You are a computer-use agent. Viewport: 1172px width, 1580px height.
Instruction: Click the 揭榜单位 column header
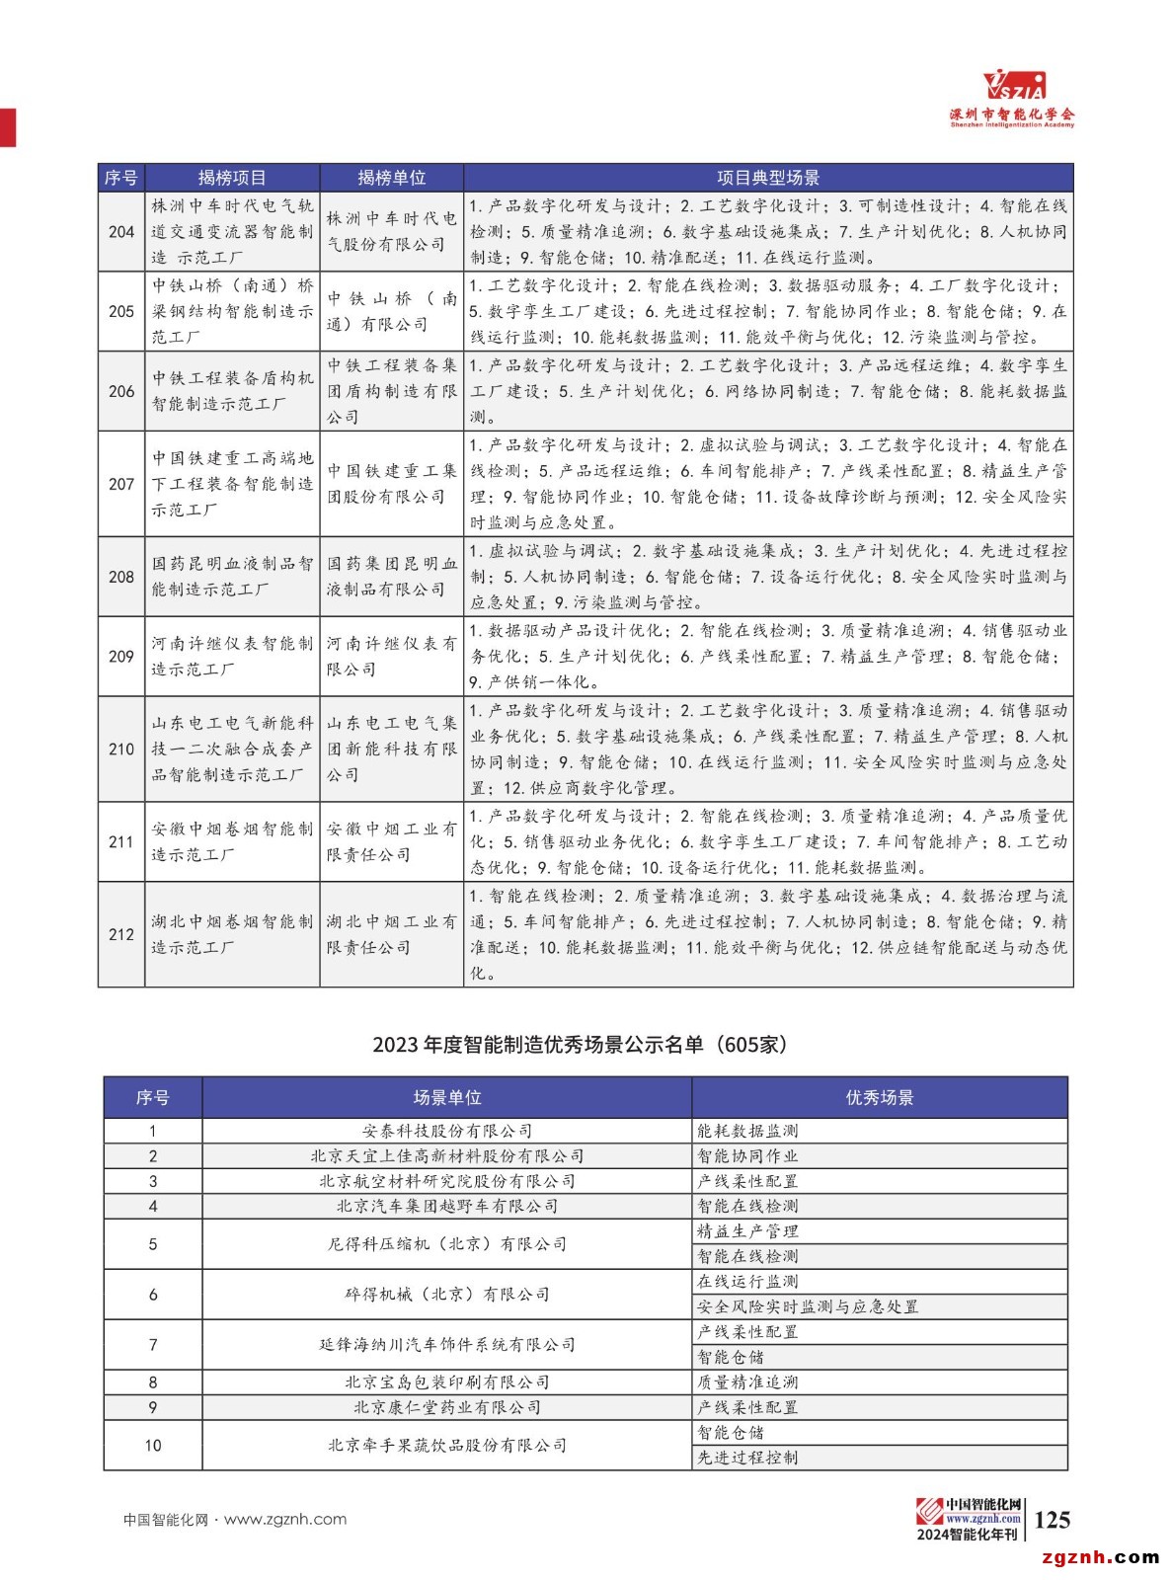coord(391,178)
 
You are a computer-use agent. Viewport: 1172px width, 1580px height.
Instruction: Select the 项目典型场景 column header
coord(767,178)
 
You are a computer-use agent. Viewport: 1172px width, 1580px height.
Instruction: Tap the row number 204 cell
coord(121,232)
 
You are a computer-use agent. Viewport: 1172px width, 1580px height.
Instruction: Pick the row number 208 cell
coord(121,577)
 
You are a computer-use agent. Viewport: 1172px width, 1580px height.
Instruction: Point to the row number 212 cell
coord(121,934)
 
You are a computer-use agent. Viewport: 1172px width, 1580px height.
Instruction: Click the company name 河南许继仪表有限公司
coord(391,656)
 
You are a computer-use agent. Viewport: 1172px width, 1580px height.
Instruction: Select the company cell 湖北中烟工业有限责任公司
coord(391,934)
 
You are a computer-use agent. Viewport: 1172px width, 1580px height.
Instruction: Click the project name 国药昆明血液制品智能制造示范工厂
coord(232,577)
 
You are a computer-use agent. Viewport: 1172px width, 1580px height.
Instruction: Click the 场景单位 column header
coord(446,1098)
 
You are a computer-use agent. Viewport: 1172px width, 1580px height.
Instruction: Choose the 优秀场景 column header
coord(879,1098)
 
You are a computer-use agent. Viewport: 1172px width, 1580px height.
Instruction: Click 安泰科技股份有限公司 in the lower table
coord(446,1131)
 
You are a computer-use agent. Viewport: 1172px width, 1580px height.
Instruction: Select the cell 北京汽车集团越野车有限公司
coord(446,1206)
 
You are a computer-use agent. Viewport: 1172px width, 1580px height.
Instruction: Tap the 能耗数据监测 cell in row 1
coord(747,1131)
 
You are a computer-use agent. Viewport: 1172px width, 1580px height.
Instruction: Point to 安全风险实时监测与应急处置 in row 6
coord(808,1306)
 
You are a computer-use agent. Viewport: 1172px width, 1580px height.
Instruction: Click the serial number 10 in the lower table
coord(153,1446)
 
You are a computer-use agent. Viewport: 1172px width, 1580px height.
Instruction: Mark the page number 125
coord(1052,1520)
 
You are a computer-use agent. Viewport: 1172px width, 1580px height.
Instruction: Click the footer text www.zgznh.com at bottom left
coord(285,1520)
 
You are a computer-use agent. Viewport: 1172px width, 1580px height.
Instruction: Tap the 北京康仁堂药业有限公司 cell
coord(446,1407)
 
